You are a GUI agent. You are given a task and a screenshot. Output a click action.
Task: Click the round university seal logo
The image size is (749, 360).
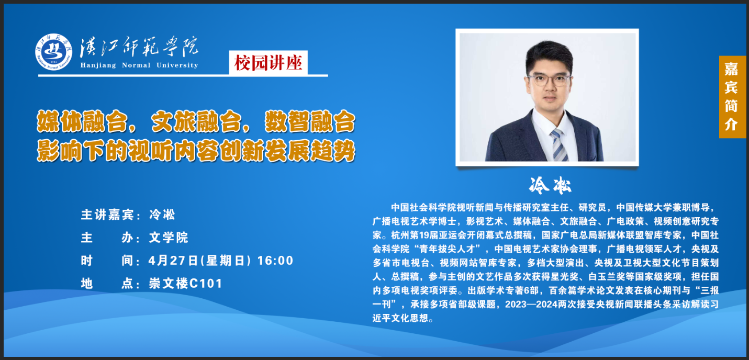pos(53,52)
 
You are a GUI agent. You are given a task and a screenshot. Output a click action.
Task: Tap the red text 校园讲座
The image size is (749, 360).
pos(268,63)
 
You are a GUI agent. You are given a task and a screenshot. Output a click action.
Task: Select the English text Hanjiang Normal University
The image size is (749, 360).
pos(139,65)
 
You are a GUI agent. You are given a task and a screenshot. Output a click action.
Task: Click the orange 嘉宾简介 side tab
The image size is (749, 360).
pos(732,97)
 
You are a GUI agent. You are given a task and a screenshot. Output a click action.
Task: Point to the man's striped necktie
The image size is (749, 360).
pos(559,145)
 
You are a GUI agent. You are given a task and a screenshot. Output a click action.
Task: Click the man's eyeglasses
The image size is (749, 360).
pos(549,80)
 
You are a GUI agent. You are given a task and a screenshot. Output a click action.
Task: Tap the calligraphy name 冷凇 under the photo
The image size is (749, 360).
pos(550,185)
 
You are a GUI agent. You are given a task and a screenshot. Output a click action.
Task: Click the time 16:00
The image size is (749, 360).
pos(275,261)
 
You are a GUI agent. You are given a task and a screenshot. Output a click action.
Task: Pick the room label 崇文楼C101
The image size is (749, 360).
pos(186,284)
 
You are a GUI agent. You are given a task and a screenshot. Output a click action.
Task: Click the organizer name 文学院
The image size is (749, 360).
pos(169,238)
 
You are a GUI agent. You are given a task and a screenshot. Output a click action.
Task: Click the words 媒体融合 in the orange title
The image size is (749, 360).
pos(82,122)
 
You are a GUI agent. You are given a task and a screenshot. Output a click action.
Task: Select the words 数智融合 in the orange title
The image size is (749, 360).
pos(310,122)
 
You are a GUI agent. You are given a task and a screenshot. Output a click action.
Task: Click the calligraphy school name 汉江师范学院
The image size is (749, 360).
pos(139,47)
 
